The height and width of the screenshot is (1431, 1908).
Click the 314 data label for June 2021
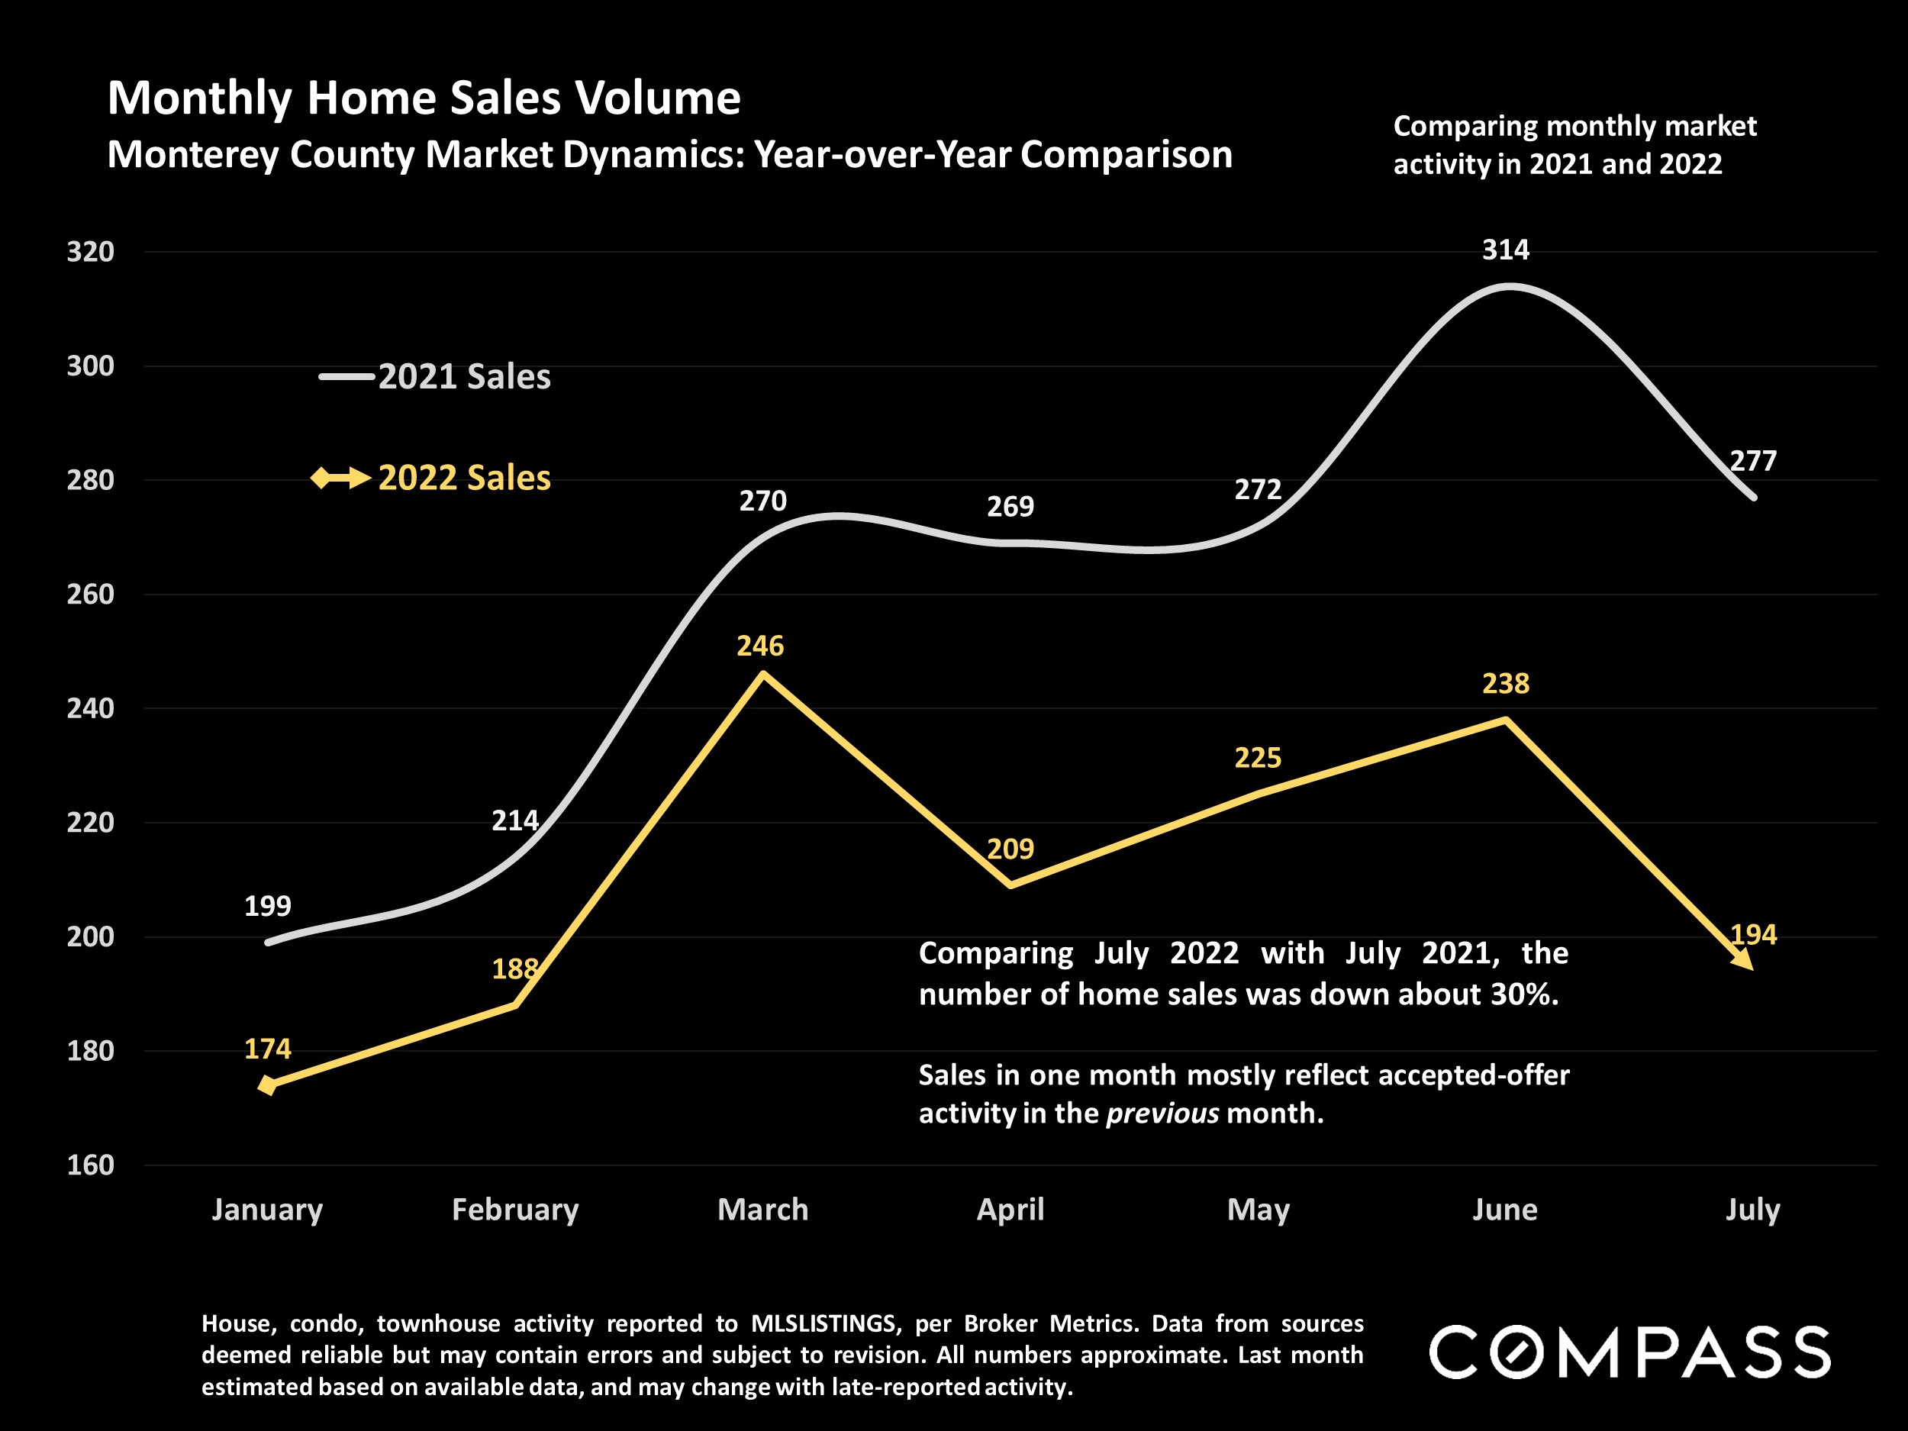pos(1505,250)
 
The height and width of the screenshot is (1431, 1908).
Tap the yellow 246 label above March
pos(760,646)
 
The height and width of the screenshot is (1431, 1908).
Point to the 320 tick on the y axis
pos(91,252)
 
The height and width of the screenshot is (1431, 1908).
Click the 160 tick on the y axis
pos(91,1165)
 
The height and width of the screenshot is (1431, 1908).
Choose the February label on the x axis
pos(515,1210)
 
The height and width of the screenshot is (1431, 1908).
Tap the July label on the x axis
pos(1752,1210)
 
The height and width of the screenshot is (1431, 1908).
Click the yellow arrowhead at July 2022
pos(1742,959)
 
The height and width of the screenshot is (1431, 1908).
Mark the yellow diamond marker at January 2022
pos(267,1085)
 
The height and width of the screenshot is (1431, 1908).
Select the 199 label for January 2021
pos(267,906)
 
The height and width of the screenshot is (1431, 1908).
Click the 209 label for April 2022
pos(1010,849)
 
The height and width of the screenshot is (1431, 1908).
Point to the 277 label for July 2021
pos(1753,462)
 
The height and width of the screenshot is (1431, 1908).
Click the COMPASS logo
pos(1629,1352)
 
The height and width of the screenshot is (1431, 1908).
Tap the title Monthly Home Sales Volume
pos(424,98)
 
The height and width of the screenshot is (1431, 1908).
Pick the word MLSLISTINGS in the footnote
pos(823,1323)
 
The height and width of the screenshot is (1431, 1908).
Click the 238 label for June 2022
pos(1505,684)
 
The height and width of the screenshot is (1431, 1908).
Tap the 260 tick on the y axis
pos(91,595)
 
